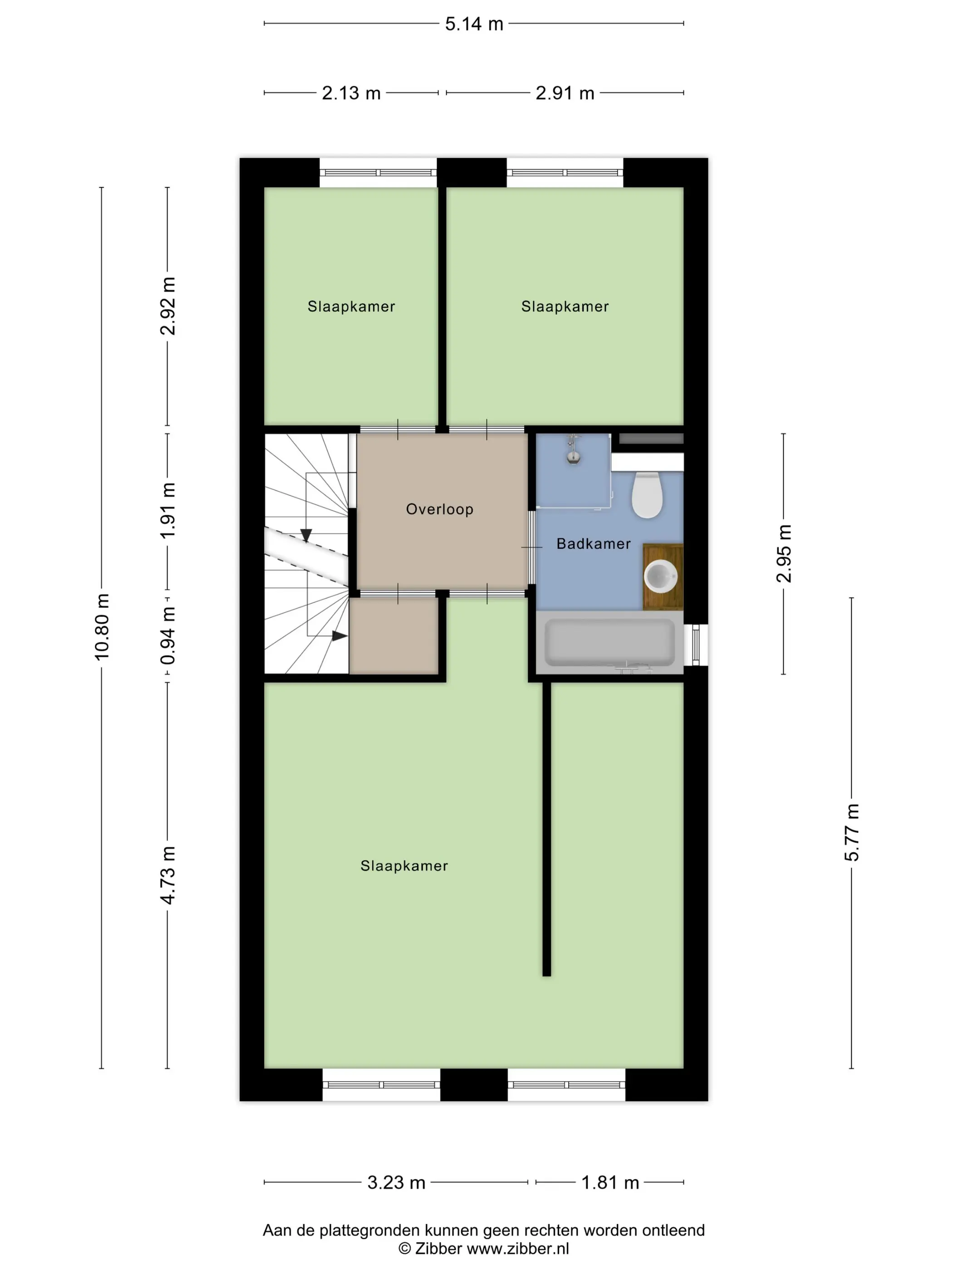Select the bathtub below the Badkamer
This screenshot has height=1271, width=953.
[609, 642]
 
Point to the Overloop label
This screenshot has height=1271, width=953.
[439, 509]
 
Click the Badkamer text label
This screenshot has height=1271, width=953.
[594, 543]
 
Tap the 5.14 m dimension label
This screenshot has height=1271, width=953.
[474, 24]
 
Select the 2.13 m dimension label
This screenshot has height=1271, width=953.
[351, 93]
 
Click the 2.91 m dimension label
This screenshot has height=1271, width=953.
[565, 93]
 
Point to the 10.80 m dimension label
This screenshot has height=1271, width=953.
[102, 627]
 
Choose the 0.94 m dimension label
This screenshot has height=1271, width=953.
[168, 636]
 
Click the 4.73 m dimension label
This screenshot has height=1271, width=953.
[168, 875]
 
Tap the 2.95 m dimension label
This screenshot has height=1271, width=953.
[784, 553]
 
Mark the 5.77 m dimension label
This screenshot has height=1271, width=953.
[851, 832]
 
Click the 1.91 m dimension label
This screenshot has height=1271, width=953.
[168, 510]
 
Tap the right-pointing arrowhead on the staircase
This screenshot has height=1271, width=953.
[339, 636]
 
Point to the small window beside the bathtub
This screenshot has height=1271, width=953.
[696, 645]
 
